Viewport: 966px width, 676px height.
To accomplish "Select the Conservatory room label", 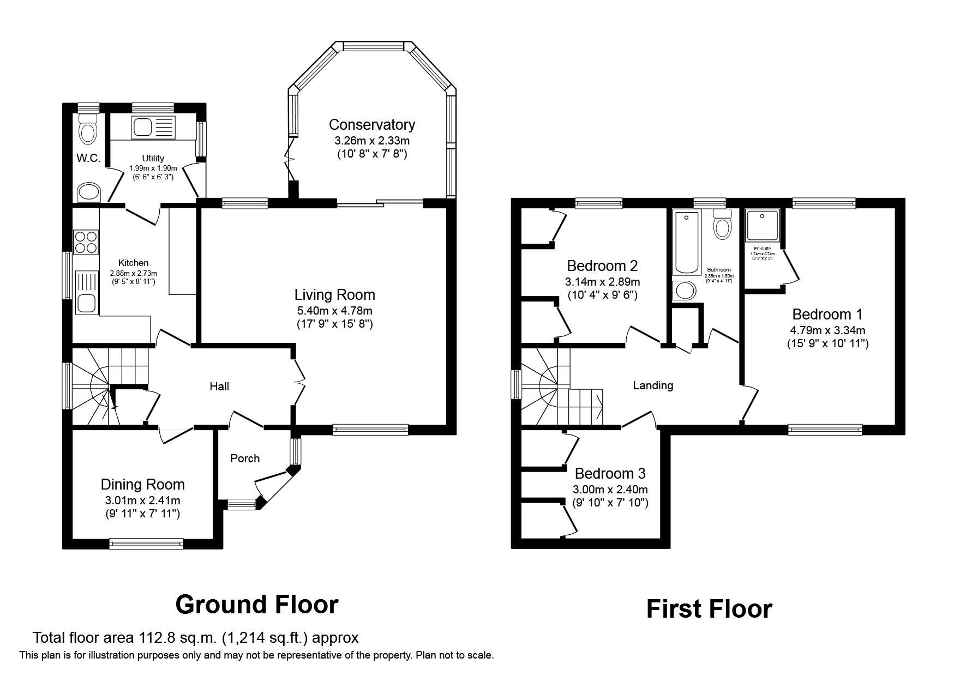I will pos(371,125).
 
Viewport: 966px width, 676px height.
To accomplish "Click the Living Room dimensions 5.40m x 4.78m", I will pos(334,311).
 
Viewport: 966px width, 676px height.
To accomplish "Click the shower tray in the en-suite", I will pos(763,225).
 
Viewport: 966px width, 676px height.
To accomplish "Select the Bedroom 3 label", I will pos(610,473).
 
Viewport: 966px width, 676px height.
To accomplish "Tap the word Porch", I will pos(245,458).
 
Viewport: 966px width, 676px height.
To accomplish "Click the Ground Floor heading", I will pos(257,605).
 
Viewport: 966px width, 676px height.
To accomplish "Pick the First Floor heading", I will pos(709,609).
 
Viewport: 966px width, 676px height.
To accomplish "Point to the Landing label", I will pos(653,385).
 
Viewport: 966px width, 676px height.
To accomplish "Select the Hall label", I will pos(219,387).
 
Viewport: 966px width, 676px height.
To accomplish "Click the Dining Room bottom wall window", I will pos(146,543).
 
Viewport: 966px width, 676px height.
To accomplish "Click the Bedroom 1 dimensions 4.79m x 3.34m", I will pos(827,330).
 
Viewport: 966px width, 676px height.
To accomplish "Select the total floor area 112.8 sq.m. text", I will pos(195,637).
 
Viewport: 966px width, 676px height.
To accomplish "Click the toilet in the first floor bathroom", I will pos(722,226).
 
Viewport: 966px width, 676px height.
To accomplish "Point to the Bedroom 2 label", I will pos(602,266).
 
